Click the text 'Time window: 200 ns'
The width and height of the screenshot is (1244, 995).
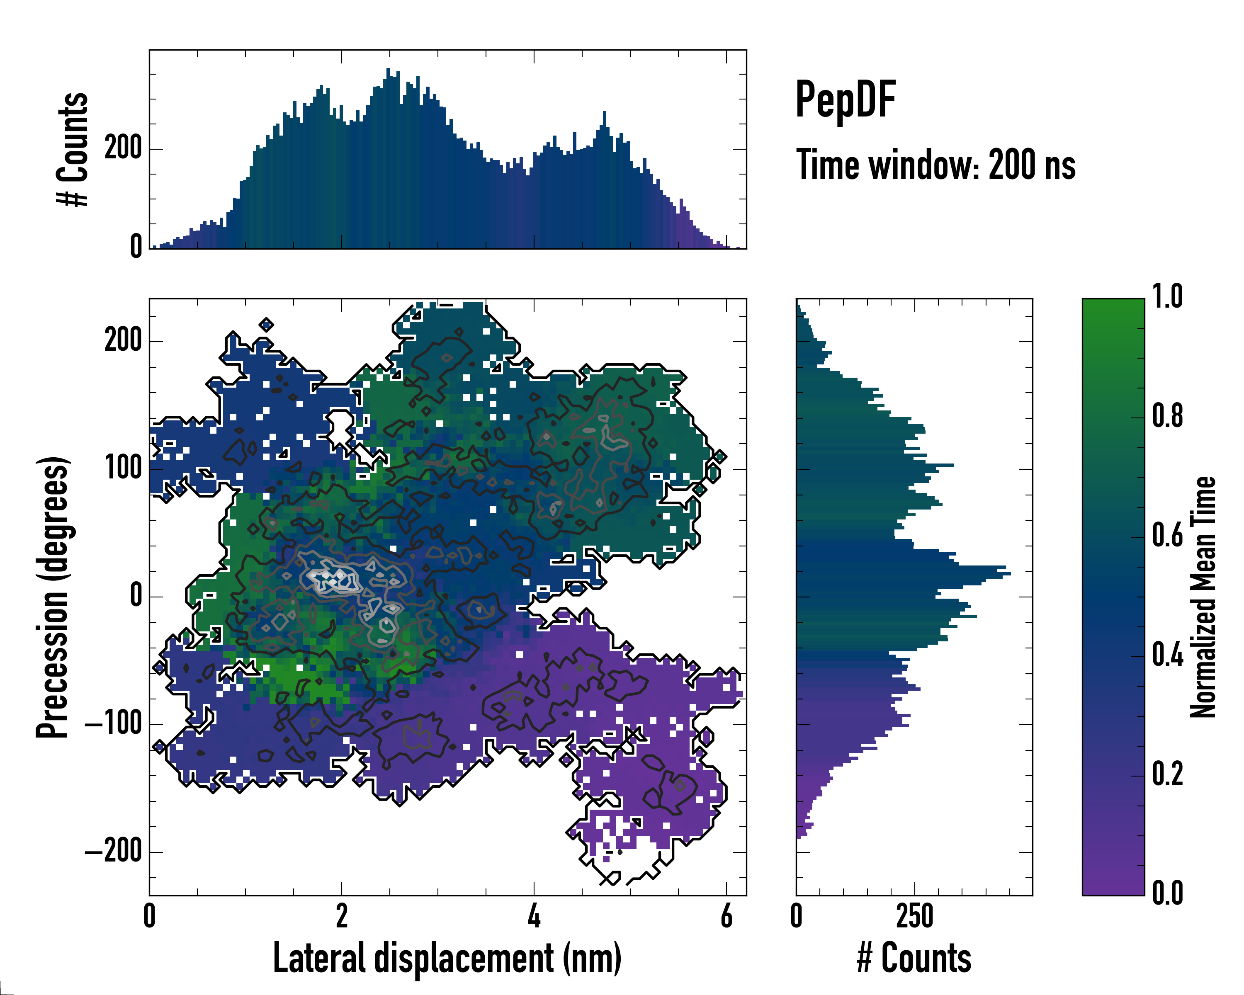(935, 165)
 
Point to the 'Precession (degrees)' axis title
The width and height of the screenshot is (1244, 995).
(53, 597)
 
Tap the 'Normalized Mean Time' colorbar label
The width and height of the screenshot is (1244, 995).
(1203, 597)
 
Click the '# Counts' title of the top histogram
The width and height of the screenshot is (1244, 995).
(73, 149)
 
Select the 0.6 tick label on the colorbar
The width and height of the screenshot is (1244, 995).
(1167, 535)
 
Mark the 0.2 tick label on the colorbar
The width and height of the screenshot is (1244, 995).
(1167, 774)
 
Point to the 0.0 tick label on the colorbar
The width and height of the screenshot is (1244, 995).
(1167, 893)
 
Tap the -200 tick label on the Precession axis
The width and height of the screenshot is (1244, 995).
(114, 852)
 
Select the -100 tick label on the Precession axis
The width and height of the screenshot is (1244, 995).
(114, 723)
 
